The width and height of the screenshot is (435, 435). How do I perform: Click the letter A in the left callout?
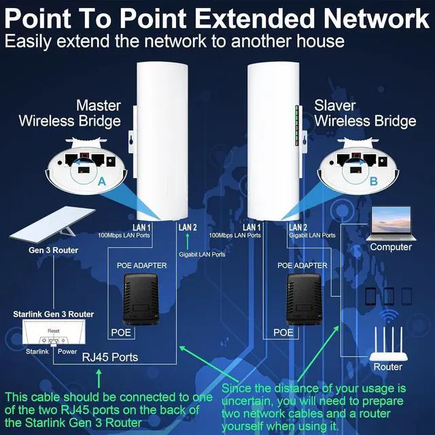(x=102, y=182)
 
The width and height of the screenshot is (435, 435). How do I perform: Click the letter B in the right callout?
(x=373, y=182)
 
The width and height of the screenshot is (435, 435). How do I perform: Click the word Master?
(x=99, y=105)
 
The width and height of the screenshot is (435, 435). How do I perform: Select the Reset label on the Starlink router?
(x=54, y=330)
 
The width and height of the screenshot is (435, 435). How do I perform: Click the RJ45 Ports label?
(x=110, y=357)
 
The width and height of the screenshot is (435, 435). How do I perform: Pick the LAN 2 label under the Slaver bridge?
(x=299, y=227)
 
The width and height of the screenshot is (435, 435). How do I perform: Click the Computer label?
(x=391, y=247)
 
